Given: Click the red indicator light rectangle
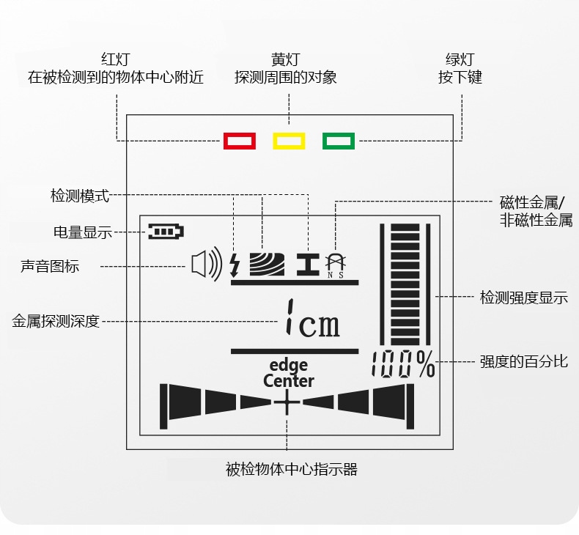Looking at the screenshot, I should pyautogui.click(x=240, y=141).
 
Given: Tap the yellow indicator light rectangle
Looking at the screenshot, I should pyautogui.click(x=289, y=141).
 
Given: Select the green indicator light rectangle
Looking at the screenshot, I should pyautogui.click(x=339, y=141).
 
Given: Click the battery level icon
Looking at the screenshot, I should pyautogui.click(x=165, y=232).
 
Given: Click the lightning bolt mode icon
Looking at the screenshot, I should pyautogui.click(x=235, y=265).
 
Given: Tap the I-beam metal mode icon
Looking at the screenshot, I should pyautogui.click(x=308, y=264).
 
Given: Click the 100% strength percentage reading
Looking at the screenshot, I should pyautogui.click(x=402, y=364).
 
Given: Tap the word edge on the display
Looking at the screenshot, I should pyautogui.click(x=289, y=365).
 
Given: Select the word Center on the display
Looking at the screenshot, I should pyautogui.click(x=289, y=381).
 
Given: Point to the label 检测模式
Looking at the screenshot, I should pyautogui.click(x=80, y=196).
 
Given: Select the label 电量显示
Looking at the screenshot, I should pyautogui.click(x=83, y=232).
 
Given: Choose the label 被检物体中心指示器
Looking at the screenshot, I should pyautogui.click(x=292, y=470).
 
